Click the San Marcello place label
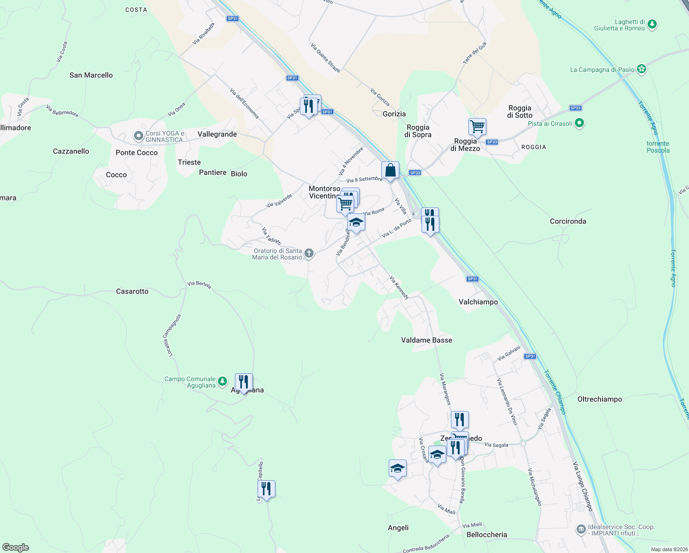(91, 75)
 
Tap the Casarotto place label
(132, 291)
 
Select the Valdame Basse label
(426, 340)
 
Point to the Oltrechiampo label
(600, 399)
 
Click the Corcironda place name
(568, 221)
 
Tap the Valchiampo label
(478, 302)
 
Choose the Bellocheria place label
(487, 535)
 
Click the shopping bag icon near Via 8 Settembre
(390, 171)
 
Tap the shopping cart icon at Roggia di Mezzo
(478, 127)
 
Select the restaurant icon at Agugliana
(244, 382)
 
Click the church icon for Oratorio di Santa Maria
(309, 253)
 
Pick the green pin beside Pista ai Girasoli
(580, 123)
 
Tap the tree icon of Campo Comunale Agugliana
(222, 381)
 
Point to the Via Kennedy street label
(399, 288)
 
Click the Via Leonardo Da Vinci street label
(507, 402)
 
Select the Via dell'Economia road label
(244, 104)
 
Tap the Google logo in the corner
(16, 547)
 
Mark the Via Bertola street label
(199, 284)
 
